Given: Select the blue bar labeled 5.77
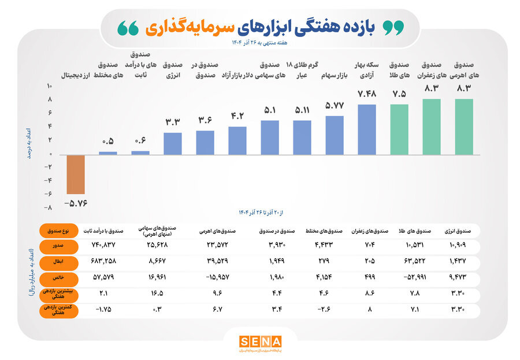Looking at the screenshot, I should (x=335, y=135).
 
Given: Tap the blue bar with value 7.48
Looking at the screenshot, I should (x=367, y=129).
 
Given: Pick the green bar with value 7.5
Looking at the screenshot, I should (x=399, y=129).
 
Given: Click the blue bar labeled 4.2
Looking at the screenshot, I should (x=237, y=140).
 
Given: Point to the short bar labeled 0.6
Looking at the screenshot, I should (x=140, y=153).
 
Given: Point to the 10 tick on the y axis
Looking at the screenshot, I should (x=49, y=86).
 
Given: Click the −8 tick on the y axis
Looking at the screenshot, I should (x=49, y=207).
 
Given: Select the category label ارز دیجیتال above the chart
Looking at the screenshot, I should (x=75, y=75).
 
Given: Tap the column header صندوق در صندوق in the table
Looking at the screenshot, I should (x=276, y=231).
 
